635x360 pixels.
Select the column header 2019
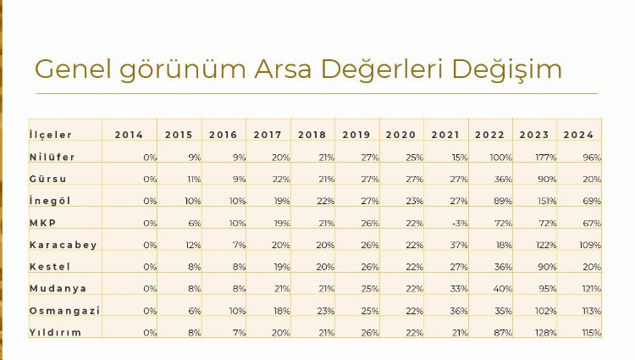[356, 135]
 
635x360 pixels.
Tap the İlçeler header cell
[51, 135]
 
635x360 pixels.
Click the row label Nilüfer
[52, 157]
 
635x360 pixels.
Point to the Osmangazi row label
[64, 311]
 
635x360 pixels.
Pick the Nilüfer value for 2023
[544, 157]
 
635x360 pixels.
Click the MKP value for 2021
[458, 223]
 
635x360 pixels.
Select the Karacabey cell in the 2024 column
[590, 245]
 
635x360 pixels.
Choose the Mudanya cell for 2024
[591, 289]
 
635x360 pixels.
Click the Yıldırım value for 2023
[545, 333]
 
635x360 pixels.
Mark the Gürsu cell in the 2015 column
[192, 179]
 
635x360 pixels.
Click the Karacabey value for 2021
[458, 245]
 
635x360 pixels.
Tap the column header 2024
[579, 135]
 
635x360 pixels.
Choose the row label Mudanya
[58, 289]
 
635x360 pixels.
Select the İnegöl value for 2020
[413, 201]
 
